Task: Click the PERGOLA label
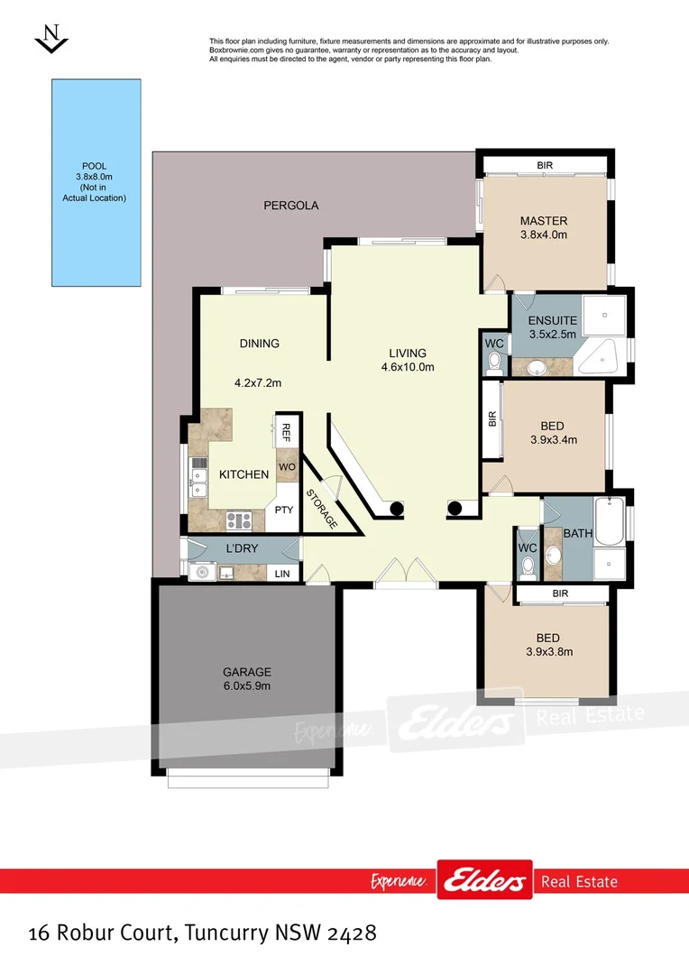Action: pos(291,206)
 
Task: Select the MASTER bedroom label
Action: pos(544,221)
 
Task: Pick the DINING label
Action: pos(259,344)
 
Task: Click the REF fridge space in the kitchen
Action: pos(287,430)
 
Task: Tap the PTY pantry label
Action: pos(284,510)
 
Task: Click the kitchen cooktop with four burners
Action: pos(238,519)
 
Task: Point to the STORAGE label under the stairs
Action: pos(322,509)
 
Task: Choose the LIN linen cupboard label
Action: pos(282,574)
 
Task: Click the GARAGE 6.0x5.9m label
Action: pos(247,679)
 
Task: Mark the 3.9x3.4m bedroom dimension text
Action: pos(552,440)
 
